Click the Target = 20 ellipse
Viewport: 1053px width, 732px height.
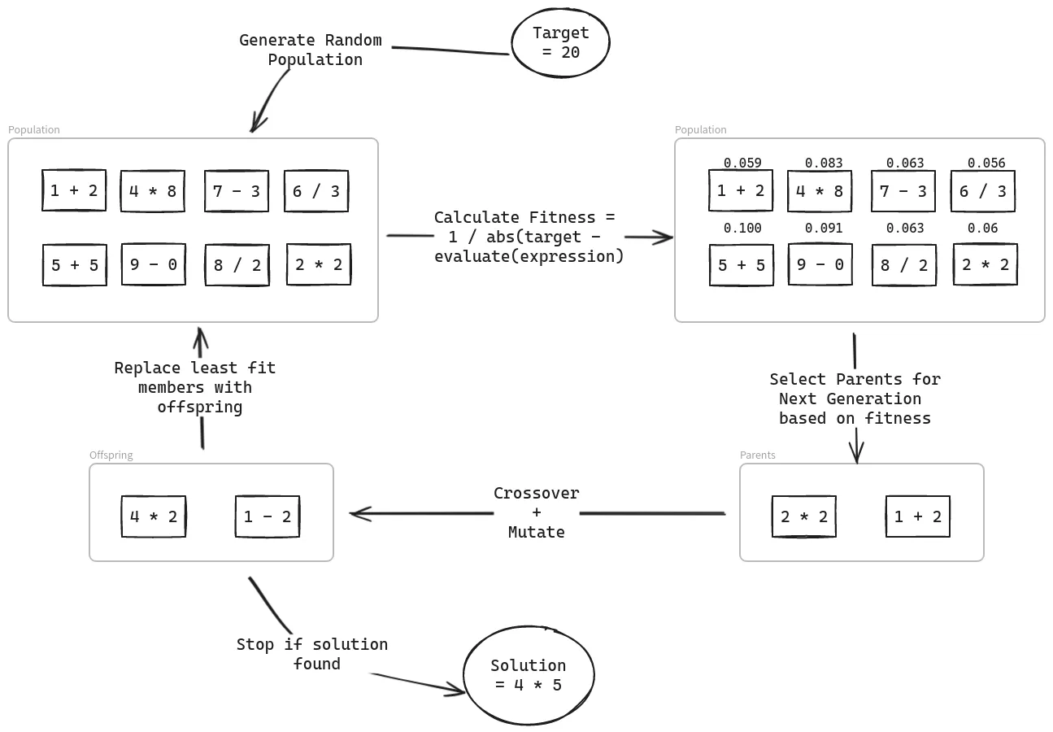(x=560, y=43)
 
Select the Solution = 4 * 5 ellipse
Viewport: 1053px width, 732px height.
(x=529, y=675)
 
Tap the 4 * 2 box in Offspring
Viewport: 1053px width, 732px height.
(x=154, y=516)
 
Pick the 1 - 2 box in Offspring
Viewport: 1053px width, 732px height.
(x=268, y=516)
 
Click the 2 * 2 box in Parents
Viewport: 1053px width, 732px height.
(x=804, y=516)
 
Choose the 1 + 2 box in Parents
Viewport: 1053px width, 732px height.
(x=918, y=516)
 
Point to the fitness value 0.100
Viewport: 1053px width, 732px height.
(x=742, y=229)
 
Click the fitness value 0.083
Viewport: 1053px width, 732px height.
(x=824, y=163)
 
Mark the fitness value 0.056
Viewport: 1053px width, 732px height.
(x=986, y=163)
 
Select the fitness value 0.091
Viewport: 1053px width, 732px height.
(x=824, y=229)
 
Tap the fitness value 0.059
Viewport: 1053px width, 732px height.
(x=742, y=163)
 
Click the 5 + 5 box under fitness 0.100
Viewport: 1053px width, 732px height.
(x=742, y=265)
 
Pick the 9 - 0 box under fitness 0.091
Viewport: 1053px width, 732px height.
(x=820, y=264)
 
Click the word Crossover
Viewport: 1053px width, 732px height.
(x=537, y=494)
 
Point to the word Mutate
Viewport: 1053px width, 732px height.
(x=537, y=533)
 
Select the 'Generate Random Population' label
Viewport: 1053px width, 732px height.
(x=311, y=50)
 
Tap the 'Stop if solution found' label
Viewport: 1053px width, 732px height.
(x=313, y=654)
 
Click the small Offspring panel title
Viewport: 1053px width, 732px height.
(x=111, y=455)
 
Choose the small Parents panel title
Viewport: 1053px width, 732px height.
(x=757, y=455)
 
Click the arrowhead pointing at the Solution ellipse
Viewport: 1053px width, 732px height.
(x=458, y=691)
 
